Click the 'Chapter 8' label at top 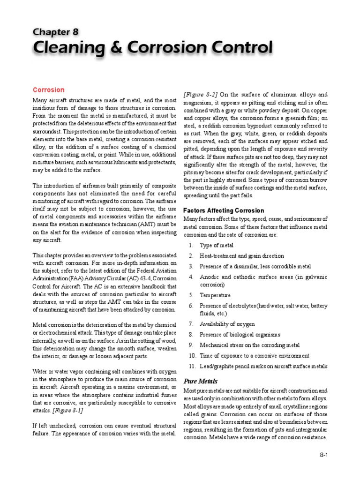click(x=55, y=31)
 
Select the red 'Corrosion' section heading click(x=48, y=90)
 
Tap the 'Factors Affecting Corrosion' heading click(x=224, y=210)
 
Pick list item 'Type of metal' click(x=217, y=245)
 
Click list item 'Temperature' click(x=215, y=295)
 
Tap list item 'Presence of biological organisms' click(x=240, y=334)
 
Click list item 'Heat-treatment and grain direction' click(x=241, y=256)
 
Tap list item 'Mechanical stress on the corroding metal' click(x=249, y=345)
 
